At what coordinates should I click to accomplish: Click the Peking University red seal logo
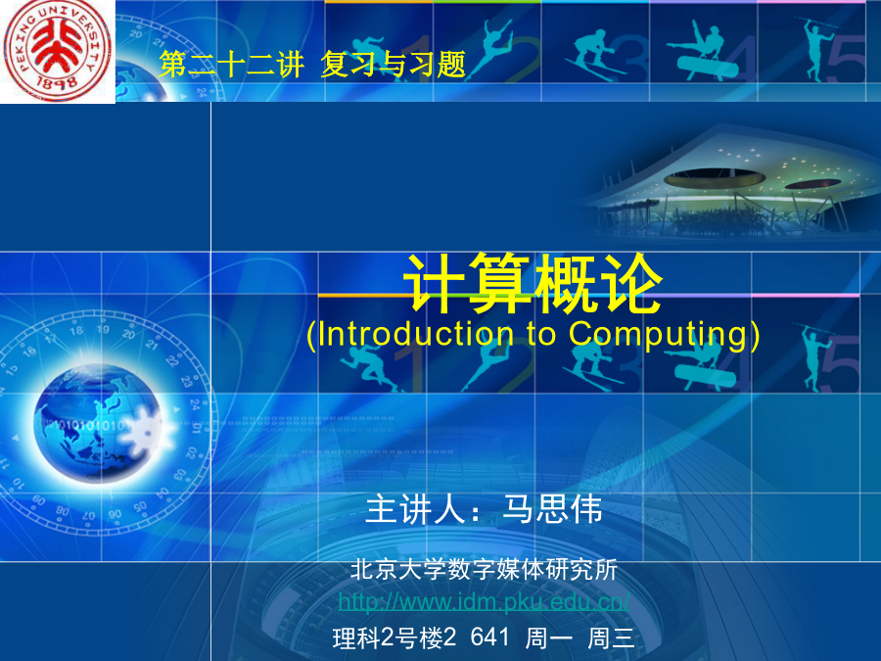[x=57, y=51]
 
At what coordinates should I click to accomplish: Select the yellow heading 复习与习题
[x=394, y=64]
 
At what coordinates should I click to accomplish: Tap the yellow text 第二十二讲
[x=231, y=64]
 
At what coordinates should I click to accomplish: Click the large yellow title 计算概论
[x=533, y=283]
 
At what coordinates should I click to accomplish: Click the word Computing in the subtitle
[x=659, y=335]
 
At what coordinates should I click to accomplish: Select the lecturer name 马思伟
[x=552, y=509]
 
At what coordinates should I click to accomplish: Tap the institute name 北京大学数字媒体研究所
[x=484, y=569]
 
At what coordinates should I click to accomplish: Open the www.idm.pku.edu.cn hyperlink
[x=484, y=602]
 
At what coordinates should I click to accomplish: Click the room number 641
[x=490, y=637]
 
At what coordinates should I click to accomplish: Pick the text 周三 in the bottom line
[x=611, y=637]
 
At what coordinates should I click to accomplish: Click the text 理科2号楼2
[x=394, y=637]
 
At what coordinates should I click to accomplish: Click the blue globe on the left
[x=97, y=423]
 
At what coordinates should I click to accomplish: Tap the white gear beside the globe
[x=147, y=432]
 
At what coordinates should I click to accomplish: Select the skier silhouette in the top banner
[x=595, y=56]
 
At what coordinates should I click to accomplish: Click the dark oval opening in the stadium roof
[x=715, y=179]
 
